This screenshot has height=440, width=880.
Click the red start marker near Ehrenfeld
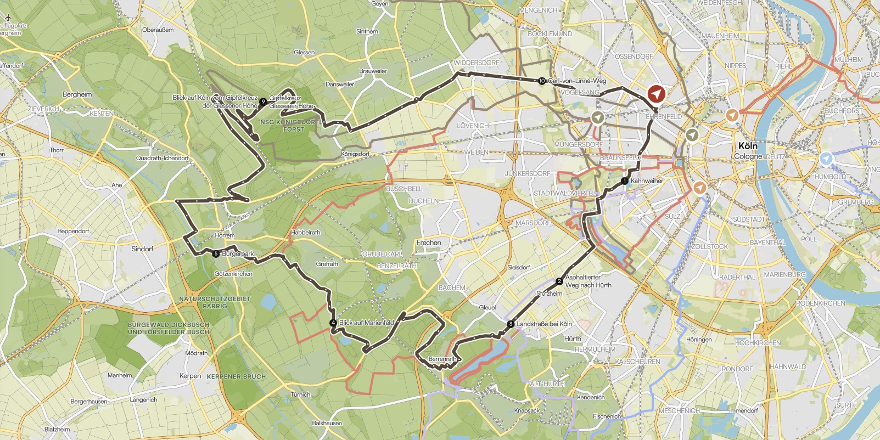coord(655,94)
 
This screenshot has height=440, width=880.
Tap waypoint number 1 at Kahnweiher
coord(624,181)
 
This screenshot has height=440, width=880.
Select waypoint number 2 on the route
coord(559,281)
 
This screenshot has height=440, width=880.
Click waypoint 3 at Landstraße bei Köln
coord(511,324)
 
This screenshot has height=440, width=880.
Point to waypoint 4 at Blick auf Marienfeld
coord(333,323)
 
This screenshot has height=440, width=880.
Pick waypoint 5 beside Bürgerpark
coord(216,253)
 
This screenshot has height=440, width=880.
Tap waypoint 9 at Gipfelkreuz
coord(264,101)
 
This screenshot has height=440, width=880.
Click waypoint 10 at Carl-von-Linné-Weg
coord(542,81)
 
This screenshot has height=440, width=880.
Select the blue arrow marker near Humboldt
coord(826,159)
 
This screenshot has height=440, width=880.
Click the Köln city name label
coord(748,146)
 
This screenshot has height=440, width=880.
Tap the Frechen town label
coord(429,242)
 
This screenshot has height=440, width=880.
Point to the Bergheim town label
coord(77,94)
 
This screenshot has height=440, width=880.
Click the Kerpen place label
coord(190,376)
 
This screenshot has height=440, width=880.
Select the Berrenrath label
coord(442,359)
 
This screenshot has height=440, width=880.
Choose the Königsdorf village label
coord(355,154)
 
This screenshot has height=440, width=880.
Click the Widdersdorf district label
coord(477,63)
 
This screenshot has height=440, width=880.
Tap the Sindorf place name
coord(142,249)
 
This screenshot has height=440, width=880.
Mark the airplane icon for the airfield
coord(8,18)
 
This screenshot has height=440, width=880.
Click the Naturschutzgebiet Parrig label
coord(215,302)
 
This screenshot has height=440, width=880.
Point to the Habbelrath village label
coord(306,233)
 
